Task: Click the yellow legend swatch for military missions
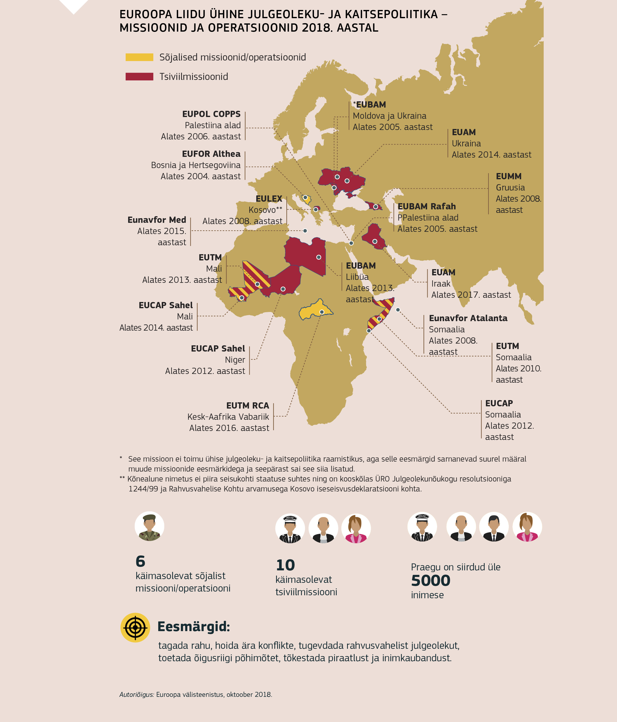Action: (x=139, y=57)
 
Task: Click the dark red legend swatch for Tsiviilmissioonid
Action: (x=139, y=77)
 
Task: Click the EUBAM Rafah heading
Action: (x=426, y=206)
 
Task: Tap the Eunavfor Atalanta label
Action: (x=468, y=318)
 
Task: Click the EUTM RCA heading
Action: (x=248, y=406)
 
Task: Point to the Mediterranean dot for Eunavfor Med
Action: (x=305, y=231)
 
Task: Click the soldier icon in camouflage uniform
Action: (x=149, y=526)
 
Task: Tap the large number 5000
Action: (x=431, y=581)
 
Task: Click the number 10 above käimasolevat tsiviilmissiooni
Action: (x=285, y=565)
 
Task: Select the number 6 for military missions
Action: (x=140, y=561)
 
